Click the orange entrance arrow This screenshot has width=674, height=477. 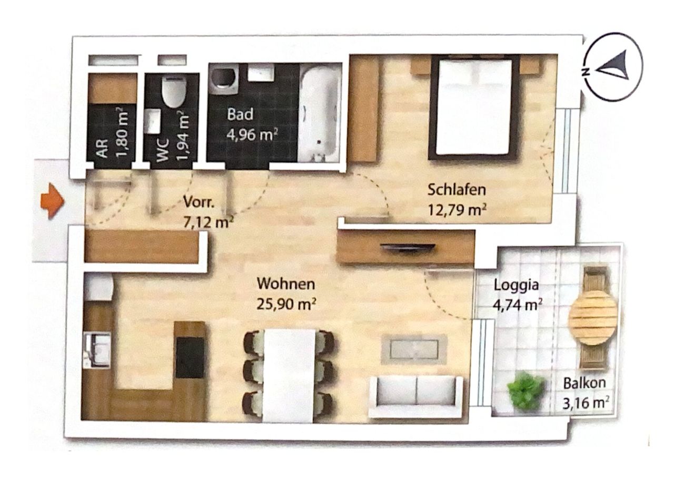[x=52, y=201]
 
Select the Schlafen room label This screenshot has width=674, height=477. [x=457, y=190]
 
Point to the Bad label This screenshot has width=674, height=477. [x=240, y=114]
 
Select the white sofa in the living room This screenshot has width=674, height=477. [x=416, y=397]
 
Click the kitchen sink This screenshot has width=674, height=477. [x=97, y=349]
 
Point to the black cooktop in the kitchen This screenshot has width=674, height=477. [x=190, y=357]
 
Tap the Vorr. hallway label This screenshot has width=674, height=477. [x=199, y=202]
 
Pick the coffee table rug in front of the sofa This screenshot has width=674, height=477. [x=414, y=349]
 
